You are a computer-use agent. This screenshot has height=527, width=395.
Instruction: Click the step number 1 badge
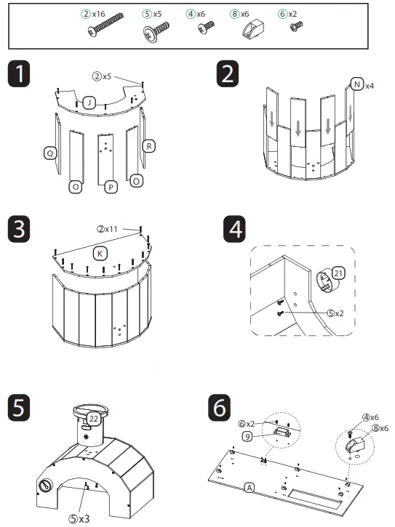pos(19,73)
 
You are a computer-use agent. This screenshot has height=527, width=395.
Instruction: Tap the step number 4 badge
pos(234,229)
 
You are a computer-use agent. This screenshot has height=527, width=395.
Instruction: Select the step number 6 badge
pos(220,408)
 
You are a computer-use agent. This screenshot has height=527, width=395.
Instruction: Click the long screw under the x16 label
pos(105,25)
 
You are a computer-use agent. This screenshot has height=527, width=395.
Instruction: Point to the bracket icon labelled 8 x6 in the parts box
pos(253,29)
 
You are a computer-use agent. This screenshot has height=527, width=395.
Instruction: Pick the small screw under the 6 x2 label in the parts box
pos(296,26)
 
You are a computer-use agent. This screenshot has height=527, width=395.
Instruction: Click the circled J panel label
pos(89,102)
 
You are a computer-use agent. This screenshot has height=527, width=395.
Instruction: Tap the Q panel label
pos(50,153)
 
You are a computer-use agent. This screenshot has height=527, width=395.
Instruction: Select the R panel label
pos(148,146)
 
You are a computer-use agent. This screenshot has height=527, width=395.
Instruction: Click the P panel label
pos(111,188)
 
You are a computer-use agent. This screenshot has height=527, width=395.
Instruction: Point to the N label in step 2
pos(357,84)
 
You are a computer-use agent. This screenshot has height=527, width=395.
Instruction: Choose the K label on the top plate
pos(100,254)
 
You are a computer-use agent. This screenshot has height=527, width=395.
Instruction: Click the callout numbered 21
pos(338,273)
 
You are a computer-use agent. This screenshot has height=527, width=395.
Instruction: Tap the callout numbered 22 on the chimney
pos(93,419)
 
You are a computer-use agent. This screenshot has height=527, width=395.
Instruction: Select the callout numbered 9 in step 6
pos(247,437)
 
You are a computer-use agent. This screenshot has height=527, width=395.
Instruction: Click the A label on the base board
pos(250,488)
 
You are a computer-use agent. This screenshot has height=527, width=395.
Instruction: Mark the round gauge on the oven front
pos(46,485)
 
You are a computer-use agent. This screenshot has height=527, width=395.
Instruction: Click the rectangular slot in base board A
pos(315,499)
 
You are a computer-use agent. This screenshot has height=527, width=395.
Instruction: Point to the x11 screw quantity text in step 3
pos(111,229)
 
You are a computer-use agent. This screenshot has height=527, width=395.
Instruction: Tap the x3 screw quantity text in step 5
pos(84,519)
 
